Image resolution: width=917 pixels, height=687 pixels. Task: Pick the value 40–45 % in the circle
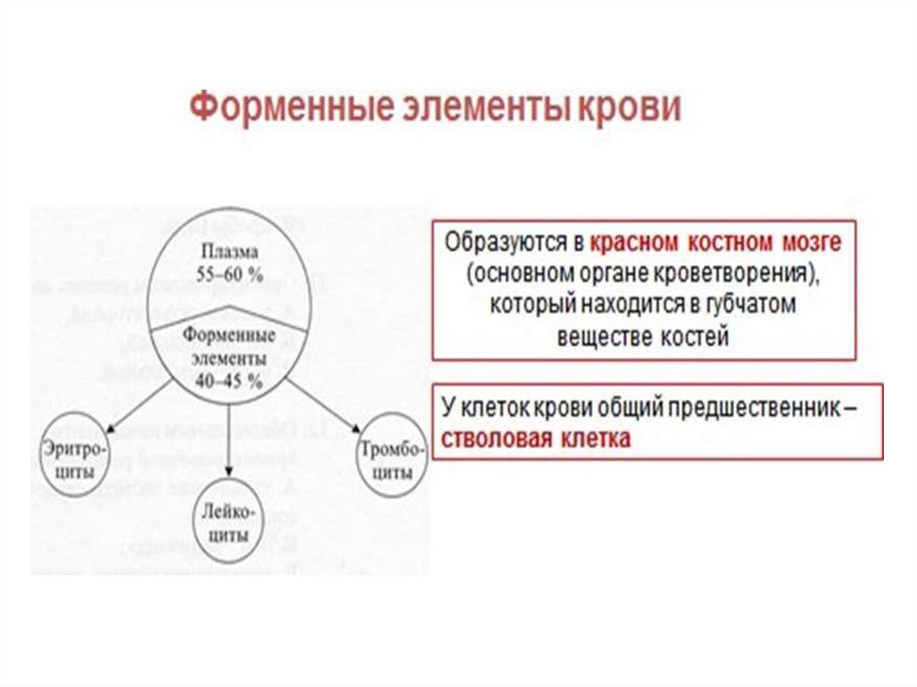[229, 381]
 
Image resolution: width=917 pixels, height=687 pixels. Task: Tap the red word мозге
[812, 243]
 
